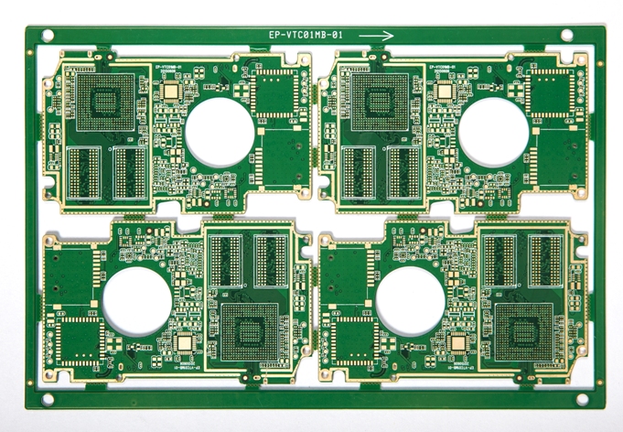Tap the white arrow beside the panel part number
(x=376, y=36)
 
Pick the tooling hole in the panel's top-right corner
(x=566, y=35)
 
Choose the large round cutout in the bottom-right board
(x=411, y=302)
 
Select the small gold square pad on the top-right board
(x=445, y=91)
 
